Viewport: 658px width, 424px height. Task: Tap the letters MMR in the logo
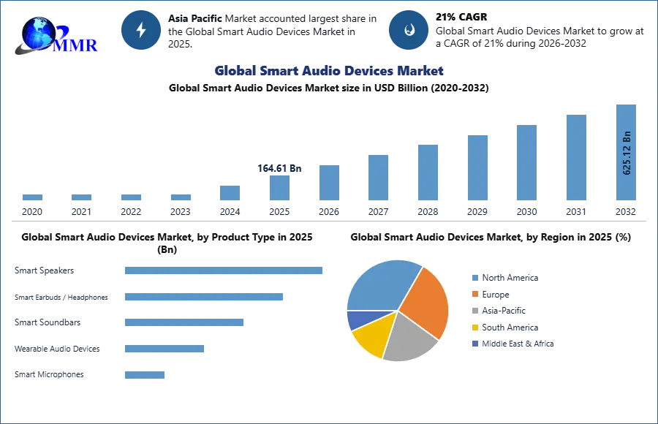[77, 45]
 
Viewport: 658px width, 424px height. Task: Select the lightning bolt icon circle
[142, 30]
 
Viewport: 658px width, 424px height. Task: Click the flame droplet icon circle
[409, 30]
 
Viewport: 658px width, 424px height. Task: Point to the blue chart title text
[328, 71]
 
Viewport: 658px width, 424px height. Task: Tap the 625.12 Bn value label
[627, 153]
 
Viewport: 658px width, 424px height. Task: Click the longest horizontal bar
[224, 270]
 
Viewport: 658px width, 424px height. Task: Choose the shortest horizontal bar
[145, 374]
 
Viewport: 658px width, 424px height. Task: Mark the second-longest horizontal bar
[204, 298]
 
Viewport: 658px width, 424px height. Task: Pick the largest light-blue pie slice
[380, 285]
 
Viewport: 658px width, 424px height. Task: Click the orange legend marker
[474, 294]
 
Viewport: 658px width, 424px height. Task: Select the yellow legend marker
[474, 328]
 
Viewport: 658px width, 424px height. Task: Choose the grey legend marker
[474, 311]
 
